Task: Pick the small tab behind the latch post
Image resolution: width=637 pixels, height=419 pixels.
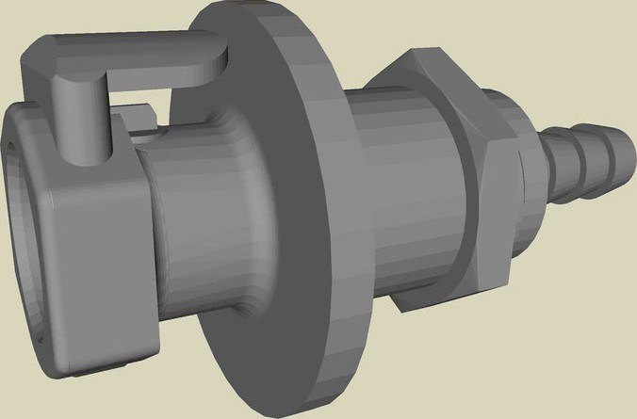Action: (141, 118)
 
